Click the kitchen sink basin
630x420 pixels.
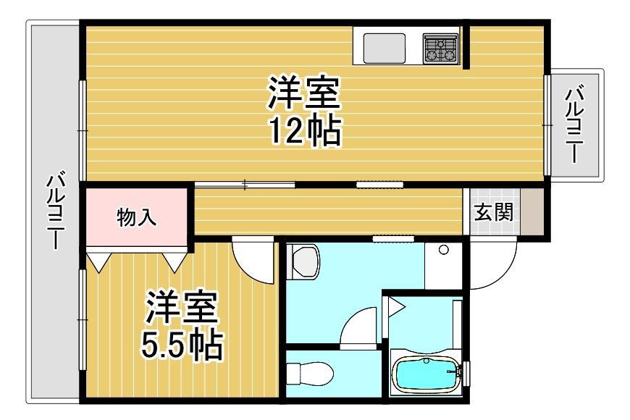point(384,49)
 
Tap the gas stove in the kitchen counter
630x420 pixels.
point(440,49)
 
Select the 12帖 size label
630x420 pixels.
point(306,131)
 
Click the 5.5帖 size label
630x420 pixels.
point(182,345)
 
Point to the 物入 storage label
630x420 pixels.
point(137,217)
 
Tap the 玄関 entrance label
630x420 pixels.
point(494,211)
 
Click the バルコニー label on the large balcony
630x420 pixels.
point(56,210)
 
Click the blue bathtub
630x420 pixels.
point(427,374)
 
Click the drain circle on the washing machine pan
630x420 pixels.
point(444,250)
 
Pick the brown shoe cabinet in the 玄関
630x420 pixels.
point(532,211)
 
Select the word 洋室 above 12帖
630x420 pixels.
point(305,93)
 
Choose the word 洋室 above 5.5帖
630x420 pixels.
point(182,308)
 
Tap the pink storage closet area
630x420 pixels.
point(137,217)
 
